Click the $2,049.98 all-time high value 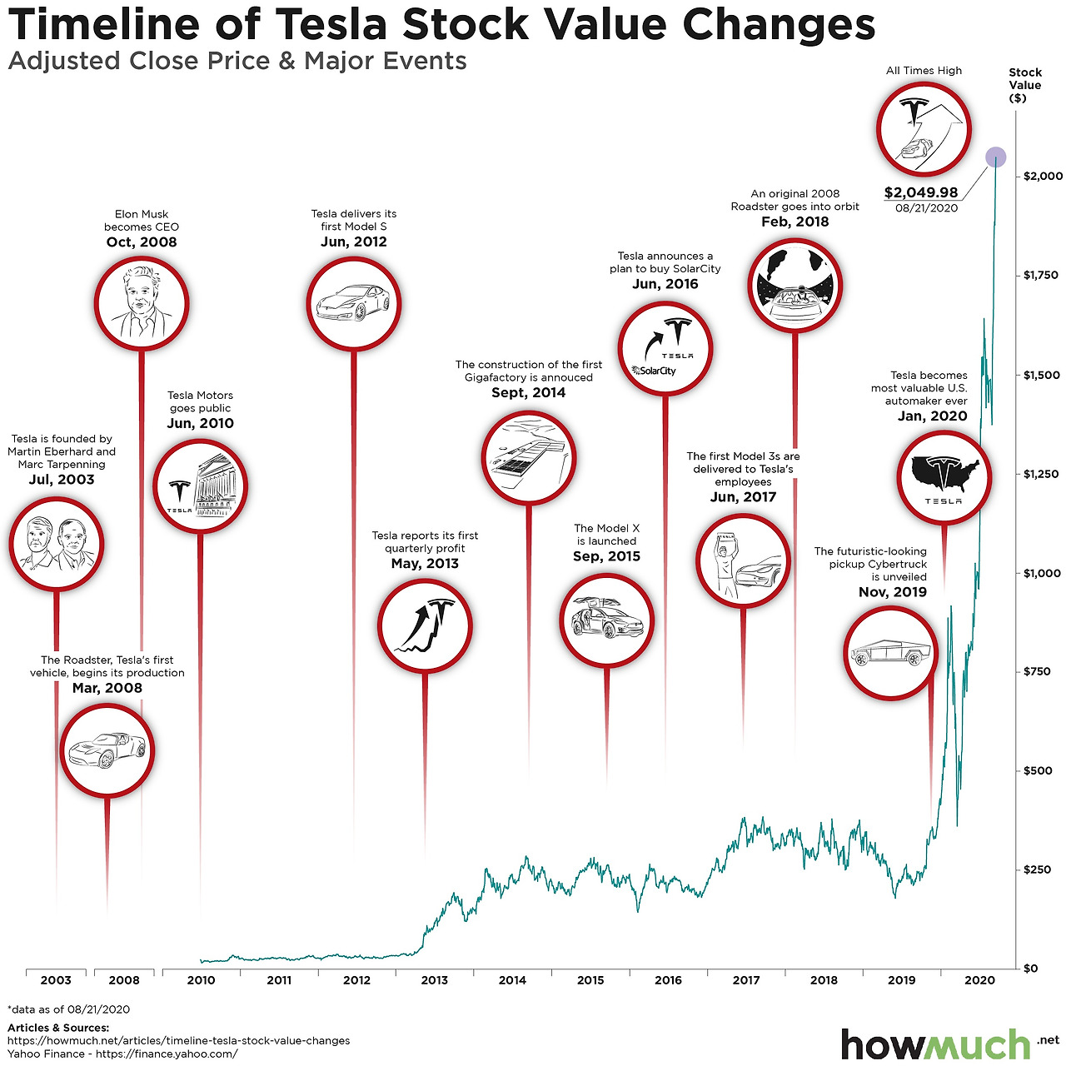pos(921,192)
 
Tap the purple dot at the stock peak pos(995,157)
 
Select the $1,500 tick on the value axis pos(1041,375)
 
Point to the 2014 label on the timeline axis pos(512,980)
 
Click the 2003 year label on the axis pos(56,980)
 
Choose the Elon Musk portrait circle pos(142,303)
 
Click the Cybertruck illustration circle pos(890,653)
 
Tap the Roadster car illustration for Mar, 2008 pos(107,750)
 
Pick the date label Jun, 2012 pos(354,242)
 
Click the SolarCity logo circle pos(665,349)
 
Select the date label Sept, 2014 pos(528,392)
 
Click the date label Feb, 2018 pos(795,222)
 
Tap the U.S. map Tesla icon pos(944,477)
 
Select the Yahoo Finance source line pos(122,1054)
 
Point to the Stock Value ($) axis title pos(1025,85)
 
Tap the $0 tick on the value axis pos(1030,968)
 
